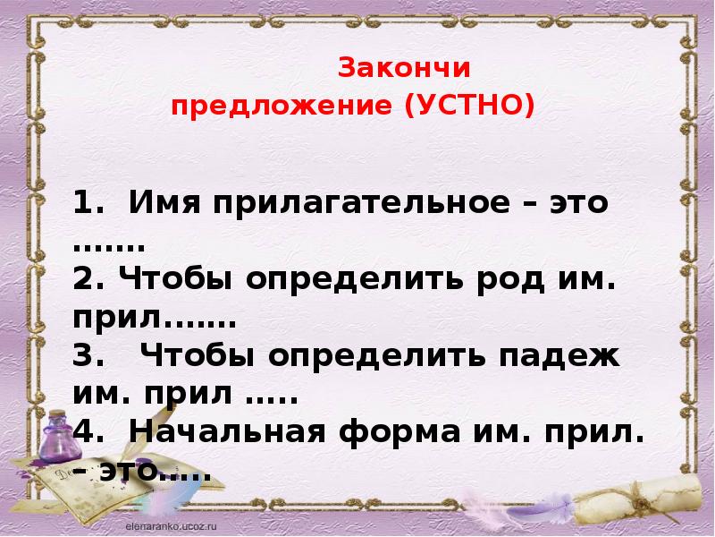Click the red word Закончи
pos(402,69)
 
